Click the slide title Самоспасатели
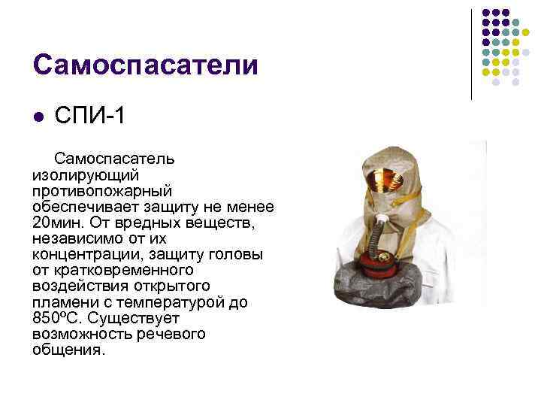[145, 65]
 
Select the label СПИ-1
[88, 118]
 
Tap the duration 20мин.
[58, 223]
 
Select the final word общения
[69, 350]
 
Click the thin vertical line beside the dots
[472, 54]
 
